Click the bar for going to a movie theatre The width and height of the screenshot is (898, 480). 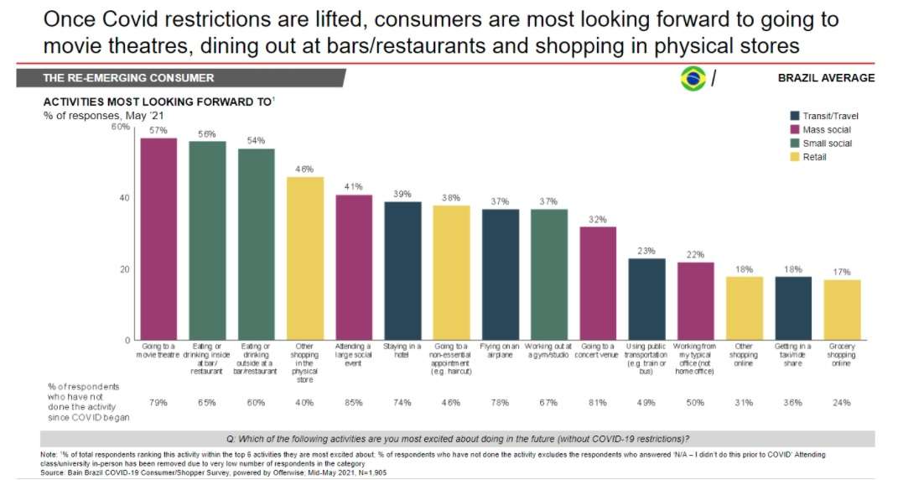coord(158,238)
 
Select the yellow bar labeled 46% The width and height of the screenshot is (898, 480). coord(304,258)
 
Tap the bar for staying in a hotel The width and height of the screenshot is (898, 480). coord(402,270)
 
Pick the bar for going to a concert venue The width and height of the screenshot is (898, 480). coord(598,283)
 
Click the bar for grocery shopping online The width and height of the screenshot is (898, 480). coord(842,310)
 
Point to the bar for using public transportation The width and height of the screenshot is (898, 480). coord(646,299)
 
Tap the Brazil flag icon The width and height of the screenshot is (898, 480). coord(693,78)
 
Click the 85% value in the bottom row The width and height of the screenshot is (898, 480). coord(354,403)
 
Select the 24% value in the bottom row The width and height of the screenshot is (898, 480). coord(842,403)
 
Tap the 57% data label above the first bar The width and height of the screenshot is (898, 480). coord(158,131)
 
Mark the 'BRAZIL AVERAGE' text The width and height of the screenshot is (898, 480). coord(826,78)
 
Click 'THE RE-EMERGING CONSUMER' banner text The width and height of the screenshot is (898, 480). coord(128,78)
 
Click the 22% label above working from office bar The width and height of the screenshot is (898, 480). coord(695,255)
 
